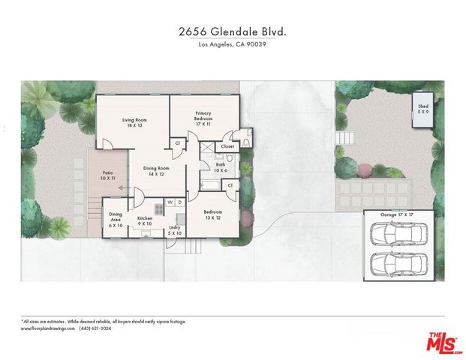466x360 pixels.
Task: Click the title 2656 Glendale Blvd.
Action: (232, 31)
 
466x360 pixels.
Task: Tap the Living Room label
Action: (135, 124)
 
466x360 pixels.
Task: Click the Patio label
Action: (109, 177)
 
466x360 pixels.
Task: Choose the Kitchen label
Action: (145, 220)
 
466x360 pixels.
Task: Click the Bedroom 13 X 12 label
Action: (213, 214)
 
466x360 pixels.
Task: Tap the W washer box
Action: (170, 202)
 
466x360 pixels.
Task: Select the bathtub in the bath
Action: (209, 184)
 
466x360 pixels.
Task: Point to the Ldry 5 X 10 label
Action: (174, 229)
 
